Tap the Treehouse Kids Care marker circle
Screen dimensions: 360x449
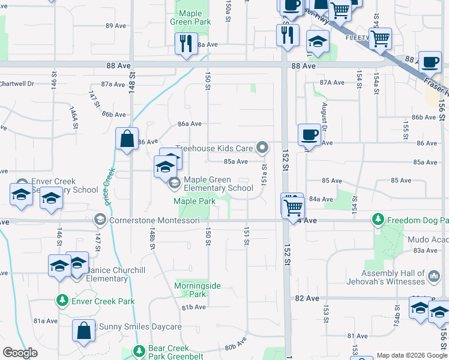tap(262, 147)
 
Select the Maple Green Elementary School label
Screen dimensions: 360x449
tap(218, 184)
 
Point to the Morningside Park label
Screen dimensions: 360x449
tap(190, 290)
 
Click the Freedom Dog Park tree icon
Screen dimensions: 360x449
tap(378, 220)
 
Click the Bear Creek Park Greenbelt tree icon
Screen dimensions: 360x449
tap(139, 350)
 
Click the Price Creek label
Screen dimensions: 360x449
tap(109, 187)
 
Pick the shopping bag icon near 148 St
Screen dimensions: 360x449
tap(127, 139)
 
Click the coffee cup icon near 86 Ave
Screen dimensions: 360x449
tap(309, 134)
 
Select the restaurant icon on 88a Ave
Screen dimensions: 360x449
tap(185, 43)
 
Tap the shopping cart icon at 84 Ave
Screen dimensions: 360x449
tap(293, 207)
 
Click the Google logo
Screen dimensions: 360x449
tap(20, 353)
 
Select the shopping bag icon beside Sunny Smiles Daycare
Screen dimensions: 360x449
tap(83, 329)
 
